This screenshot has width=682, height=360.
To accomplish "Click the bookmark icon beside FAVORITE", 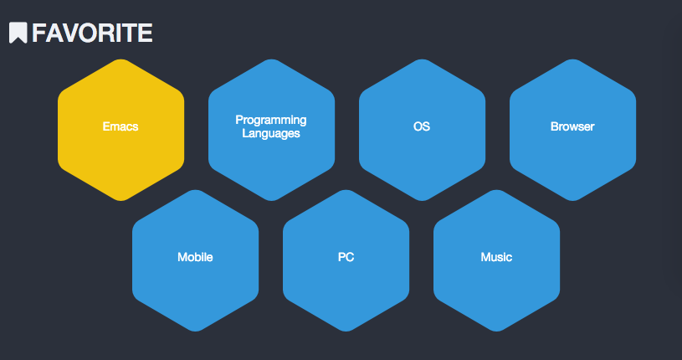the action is [18, 33].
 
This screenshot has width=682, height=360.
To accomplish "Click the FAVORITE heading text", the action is [92, 33].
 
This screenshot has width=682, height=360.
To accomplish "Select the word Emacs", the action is [121, 126].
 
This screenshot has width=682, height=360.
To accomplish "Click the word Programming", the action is [271, 121].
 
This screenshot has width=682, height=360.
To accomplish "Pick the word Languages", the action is [271, 133].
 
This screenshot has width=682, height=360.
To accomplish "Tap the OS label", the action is [422, 126].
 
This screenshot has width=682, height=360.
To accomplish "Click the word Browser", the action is [572, 126].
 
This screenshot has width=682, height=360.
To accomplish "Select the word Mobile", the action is [195, 257].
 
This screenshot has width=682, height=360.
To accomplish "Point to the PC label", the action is [346, 257].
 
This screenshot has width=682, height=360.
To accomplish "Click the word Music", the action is [496, 257].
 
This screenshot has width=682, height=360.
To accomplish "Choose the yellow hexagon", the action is [121, 130].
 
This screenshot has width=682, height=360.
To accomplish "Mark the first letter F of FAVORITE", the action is [38, 33].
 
